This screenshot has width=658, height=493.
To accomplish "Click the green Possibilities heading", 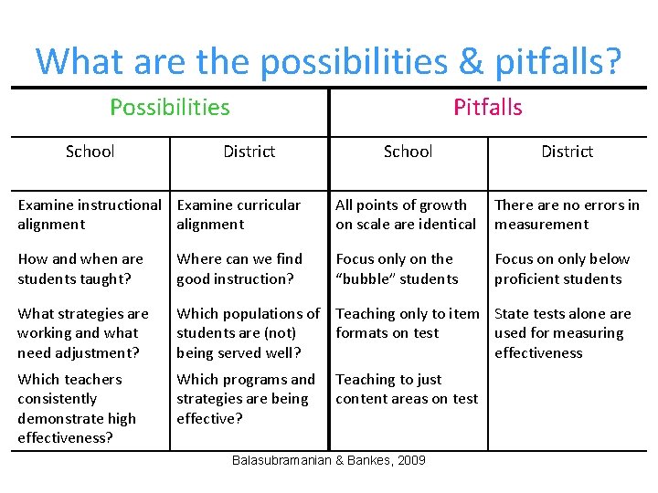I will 169,108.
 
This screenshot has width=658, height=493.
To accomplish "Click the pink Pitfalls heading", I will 488,108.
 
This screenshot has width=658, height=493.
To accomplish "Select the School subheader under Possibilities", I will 90,152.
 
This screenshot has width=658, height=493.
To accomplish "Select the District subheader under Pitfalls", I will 567,152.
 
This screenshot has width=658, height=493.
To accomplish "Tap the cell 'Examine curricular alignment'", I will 239,215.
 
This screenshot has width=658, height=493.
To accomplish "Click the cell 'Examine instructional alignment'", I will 89,215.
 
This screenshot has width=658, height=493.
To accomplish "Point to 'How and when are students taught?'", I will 80,269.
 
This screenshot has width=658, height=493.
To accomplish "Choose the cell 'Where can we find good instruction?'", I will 239,269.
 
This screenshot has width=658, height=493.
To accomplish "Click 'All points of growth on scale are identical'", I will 406,215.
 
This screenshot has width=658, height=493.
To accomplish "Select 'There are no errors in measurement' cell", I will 567,215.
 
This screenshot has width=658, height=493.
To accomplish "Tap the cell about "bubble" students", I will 397,269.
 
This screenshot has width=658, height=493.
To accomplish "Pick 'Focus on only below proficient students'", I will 562,269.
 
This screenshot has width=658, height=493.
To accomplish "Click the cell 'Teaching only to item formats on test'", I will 407,323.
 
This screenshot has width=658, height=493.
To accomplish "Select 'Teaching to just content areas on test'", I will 407,389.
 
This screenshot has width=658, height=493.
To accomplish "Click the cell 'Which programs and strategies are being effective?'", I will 245,399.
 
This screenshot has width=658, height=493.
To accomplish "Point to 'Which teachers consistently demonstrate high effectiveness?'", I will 77,408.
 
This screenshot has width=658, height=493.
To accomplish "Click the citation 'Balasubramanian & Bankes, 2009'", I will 328,460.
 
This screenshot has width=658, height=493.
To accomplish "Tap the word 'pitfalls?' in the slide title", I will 557,61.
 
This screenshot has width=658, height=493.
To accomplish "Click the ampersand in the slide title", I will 470,61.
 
